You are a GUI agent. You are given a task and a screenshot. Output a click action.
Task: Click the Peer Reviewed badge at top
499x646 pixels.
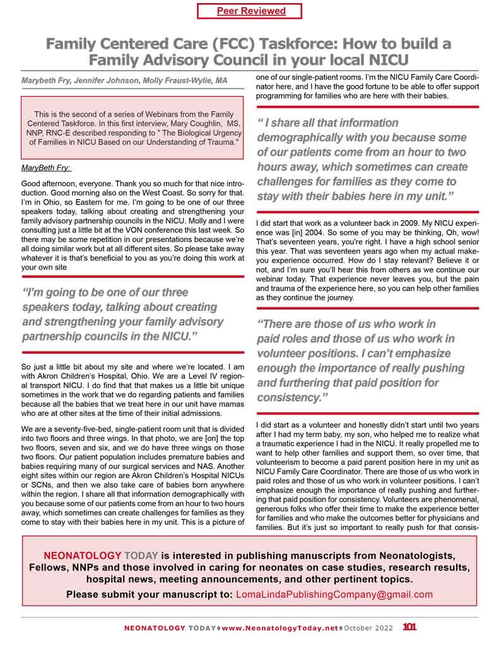[250, 11]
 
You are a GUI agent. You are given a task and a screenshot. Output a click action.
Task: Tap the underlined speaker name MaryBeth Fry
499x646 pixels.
[45, 169]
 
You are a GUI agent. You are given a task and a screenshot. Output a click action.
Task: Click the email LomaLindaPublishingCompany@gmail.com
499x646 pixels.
[334, 594]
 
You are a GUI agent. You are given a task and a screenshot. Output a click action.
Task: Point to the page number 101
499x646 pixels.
[409, 628]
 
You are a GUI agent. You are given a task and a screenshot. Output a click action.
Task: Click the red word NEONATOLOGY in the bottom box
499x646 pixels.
[81, 556]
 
